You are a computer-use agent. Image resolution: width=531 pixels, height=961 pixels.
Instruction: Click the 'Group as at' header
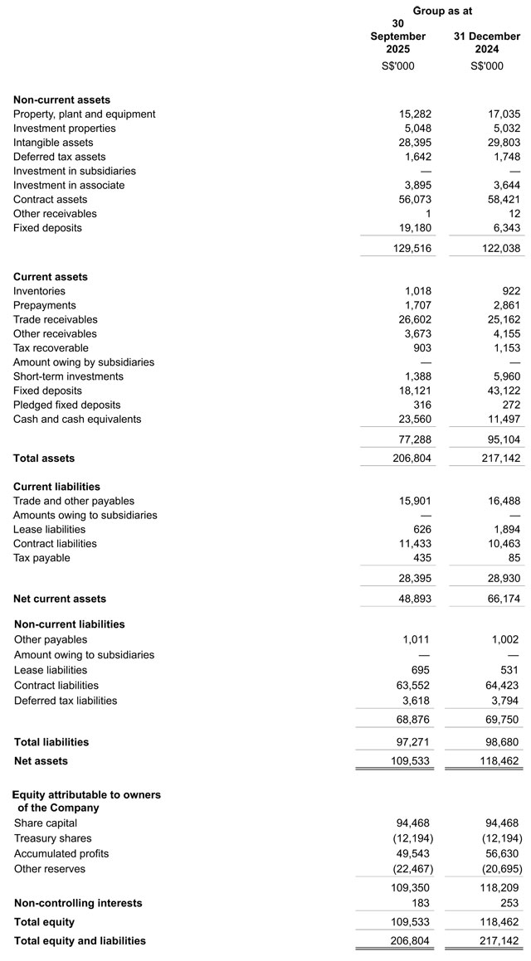[x=442, y=11]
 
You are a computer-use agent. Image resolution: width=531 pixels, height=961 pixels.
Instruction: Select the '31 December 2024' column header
[x=486, y=42]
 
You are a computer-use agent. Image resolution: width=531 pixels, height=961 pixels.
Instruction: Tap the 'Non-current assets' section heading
[x=61, y=99]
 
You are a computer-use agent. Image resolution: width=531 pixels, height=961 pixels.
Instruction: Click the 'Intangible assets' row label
[x=53, y=143]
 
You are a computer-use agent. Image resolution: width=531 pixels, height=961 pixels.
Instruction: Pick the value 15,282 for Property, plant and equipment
[x=415, y=114]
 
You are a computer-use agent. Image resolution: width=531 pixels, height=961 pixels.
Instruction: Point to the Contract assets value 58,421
[x=504, y=200]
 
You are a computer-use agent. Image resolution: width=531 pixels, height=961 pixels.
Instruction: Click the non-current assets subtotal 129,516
[x=412, y=248]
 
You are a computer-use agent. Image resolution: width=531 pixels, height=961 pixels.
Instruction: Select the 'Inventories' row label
[x=39, y=291]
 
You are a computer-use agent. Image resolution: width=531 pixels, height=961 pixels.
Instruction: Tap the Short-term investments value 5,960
[x=506, y=376]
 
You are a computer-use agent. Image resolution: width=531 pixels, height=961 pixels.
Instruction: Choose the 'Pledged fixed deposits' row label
[x=66, y=405]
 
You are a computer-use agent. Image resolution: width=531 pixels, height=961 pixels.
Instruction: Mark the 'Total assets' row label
[x=44, y=459]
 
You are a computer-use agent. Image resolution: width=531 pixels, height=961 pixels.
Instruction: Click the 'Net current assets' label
[x=60, y=599]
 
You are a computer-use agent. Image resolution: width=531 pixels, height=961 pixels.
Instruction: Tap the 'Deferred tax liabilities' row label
[x=66, y=701]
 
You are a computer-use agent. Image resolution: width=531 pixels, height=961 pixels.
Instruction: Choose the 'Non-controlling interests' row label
[x=78, y=903]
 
